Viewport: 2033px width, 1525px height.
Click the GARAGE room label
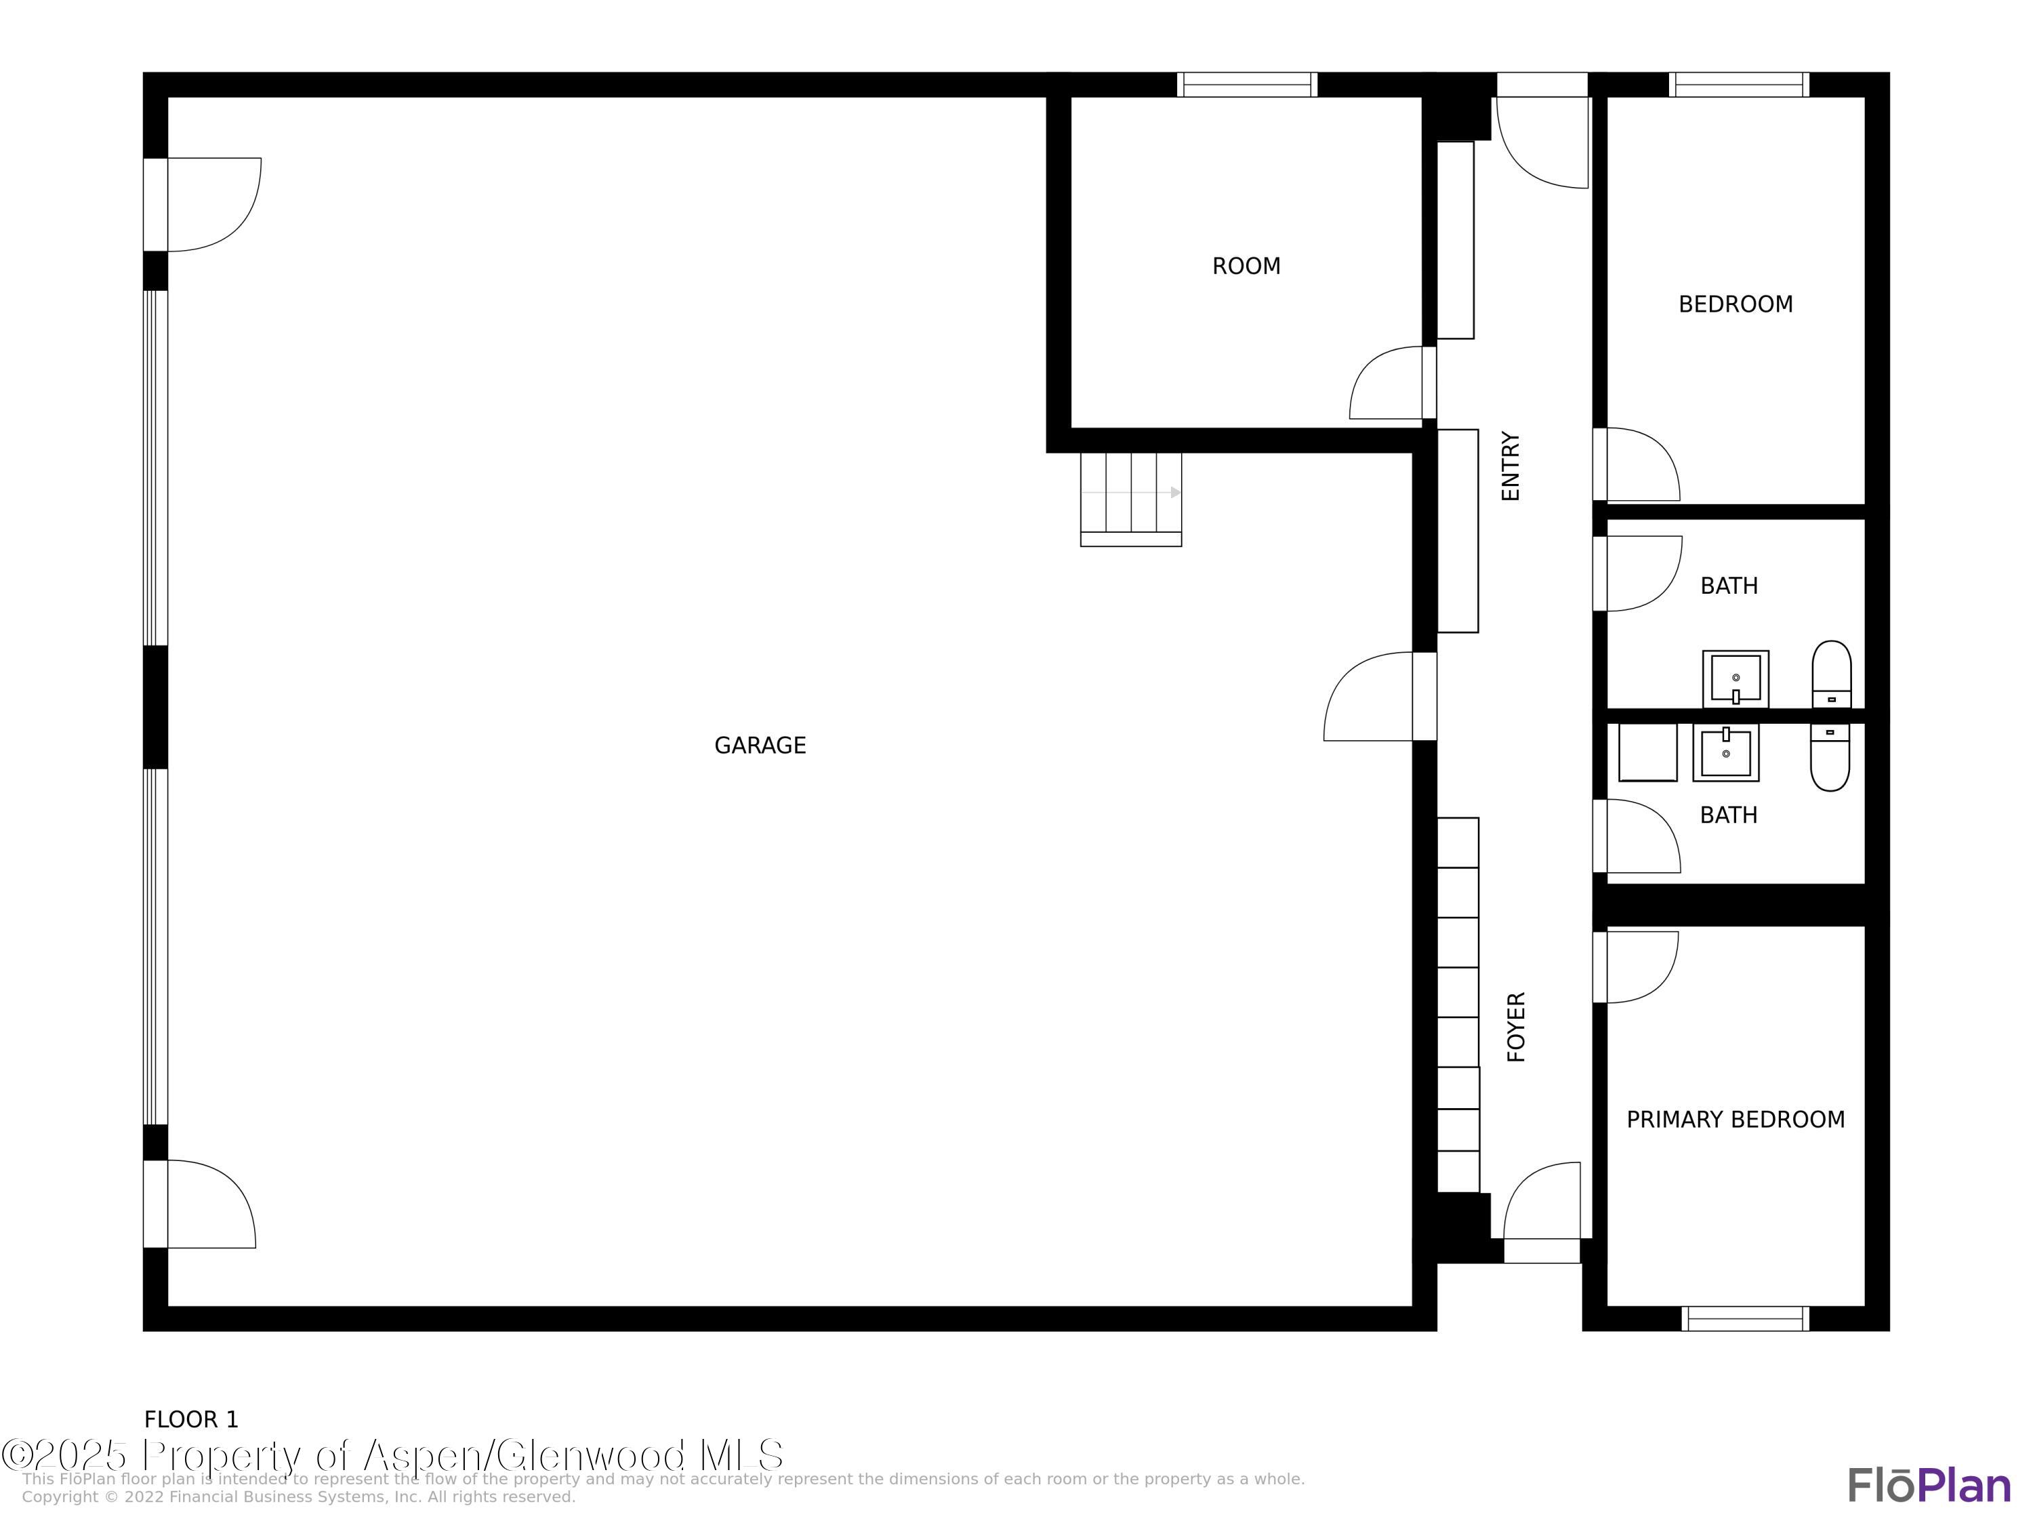760,746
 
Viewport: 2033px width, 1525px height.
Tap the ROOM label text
1246,266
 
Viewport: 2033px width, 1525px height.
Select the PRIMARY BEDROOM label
1736,1120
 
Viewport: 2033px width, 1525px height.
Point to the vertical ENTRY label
1511,466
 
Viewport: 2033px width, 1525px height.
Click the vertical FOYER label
1517,1027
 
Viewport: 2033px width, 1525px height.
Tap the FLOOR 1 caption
191,1419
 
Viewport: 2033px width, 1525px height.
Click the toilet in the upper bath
1832,674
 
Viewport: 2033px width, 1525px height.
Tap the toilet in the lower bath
1830,756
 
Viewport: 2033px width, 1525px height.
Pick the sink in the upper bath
1736,679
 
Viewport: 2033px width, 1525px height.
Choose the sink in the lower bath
1726,752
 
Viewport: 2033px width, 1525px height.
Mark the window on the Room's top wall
1247,85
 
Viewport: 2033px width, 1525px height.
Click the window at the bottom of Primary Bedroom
1745,1318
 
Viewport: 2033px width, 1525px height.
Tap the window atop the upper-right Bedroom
1739,85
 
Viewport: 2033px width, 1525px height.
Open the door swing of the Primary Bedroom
1636,967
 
